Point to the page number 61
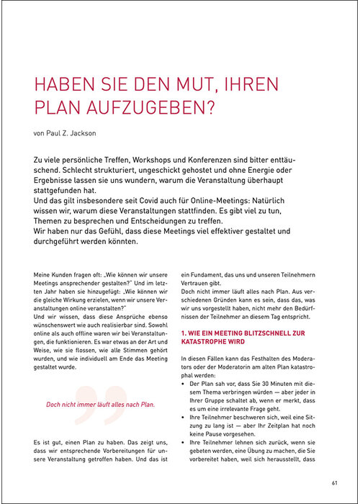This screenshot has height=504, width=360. [x=336, y=482]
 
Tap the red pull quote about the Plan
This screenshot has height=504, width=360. [x=101, y=404]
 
